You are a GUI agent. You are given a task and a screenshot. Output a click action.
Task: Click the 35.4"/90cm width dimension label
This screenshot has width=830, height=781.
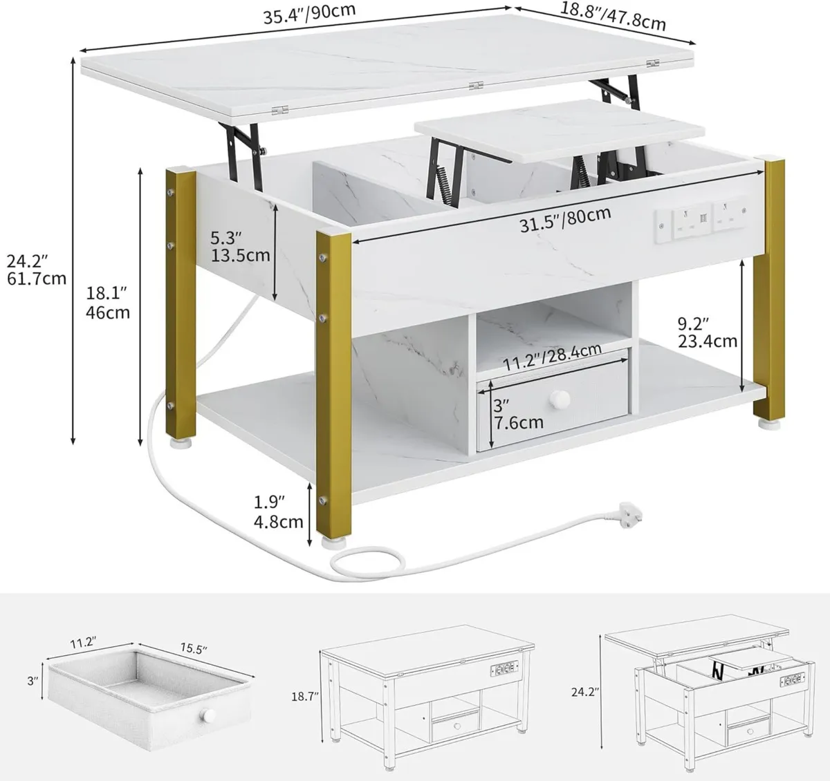pyautogui.click(x=309, y=14)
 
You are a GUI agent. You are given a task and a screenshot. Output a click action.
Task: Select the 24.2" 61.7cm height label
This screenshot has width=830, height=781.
pyautogui.click(x=37, y=270)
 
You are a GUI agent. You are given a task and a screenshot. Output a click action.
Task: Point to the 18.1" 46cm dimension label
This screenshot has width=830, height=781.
pyautogui.click(x=108, y=302)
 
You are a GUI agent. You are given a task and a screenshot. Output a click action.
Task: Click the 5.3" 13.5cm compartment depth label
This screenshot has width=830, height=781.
pyautogui.click(x=240, y=247)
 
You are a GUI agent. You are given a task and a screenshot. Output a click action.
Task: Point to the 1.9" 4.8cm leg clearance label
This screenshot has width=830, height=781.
pyautogui.click(x=278, y=511)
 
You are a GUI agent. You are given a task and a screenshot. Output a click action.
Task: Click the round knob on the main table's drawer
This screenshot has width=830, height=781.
pyautogui.click(x=558, y=400)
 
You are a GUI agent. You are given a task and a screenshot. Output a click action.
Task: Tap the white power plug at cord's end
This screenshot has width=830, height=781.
pyautogui.click(x=625, y=511)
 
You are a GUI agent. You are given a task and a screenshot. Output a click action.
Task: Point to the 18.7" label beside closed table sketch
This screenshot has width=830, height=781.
pyautogui.click(x=303, y=697)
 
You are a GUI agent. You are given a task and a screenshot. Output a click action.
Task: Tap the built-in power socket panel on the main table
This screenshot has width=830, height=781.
pyautogui.click(x=701, y=219)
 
